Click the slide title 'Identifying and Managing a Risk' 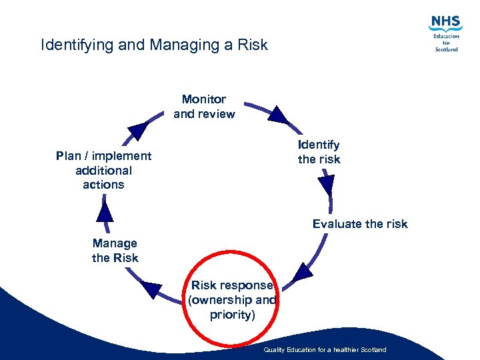click(x=154, y=45)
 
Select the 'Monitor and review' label click(x=204, y=107)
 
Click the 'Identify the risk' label click(x=319, y=152)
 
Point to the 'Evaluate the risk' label click(x=360, y=224)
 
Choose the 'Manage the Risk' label click(x=115, y=251)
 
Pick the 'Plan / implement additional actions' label click(x=103, y=170)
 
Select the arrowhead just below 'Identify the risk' click(x=326, y=184)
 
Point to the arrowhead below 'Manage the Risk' click(x=153, y=289)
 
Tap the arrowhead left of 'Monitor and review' click(x=137, y=129)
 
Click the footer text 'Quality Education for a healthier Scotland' click(x=325, y=350)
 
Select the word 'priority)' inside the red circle click(x=232, y=315)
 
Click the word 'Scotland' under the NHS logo click(x=447, y=49)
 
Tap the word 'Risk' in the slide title click(x=253, y=45)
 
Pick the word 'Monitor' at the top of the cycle click(x=204, y=99)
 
